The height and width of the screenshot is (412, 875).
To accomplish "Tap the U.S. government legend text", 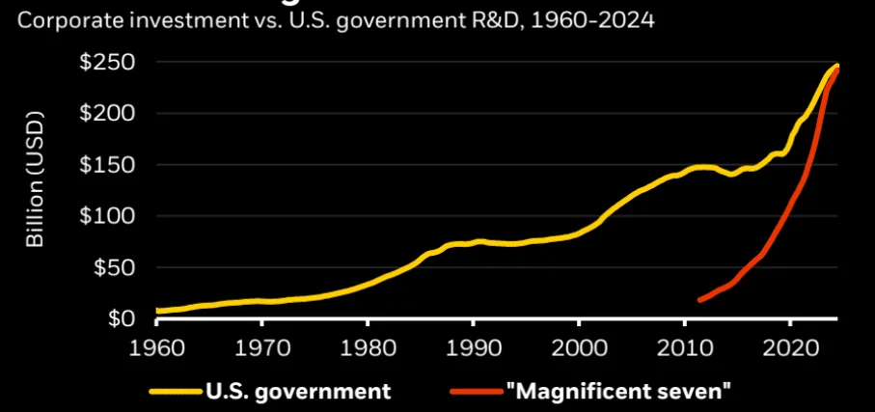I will point(297,391).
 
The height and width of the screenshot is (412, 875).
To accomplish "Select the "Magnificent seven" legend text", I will point(618,391).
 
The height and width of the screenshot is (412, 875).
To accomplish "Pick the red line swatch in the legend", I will point(476,392).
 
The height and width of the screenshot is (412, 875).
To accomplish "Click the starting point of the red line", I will point(699,301).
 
